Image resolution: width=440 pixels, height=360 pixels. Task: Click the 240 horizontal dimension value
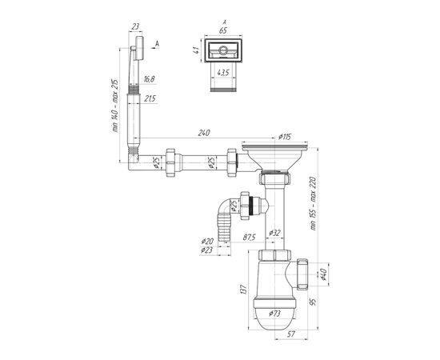point(204,133)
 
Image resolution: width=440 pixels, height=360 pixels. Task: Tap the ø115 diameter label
point(285,137)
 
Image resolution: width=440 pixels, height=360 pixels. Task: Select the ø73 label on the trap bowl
point(274,314)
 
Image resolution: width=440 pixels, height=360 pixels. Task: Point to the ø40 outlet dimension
point(322,274)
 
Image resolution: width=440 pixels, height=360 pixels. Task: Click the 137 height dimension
point(243,290)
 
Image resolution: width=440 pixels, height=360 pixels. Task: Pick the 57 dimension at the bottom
point(291,334)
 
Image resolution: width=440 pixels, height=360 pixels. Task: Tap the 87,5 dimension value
point(249,237)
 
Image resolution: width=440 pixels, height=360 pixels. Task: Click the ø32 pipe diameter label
point(274,233)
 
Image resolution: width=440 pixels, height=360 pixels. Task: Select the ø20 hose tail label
point(207,241)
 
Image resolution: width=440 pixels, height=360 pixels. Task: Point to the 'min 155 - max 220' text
point(314,203)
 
